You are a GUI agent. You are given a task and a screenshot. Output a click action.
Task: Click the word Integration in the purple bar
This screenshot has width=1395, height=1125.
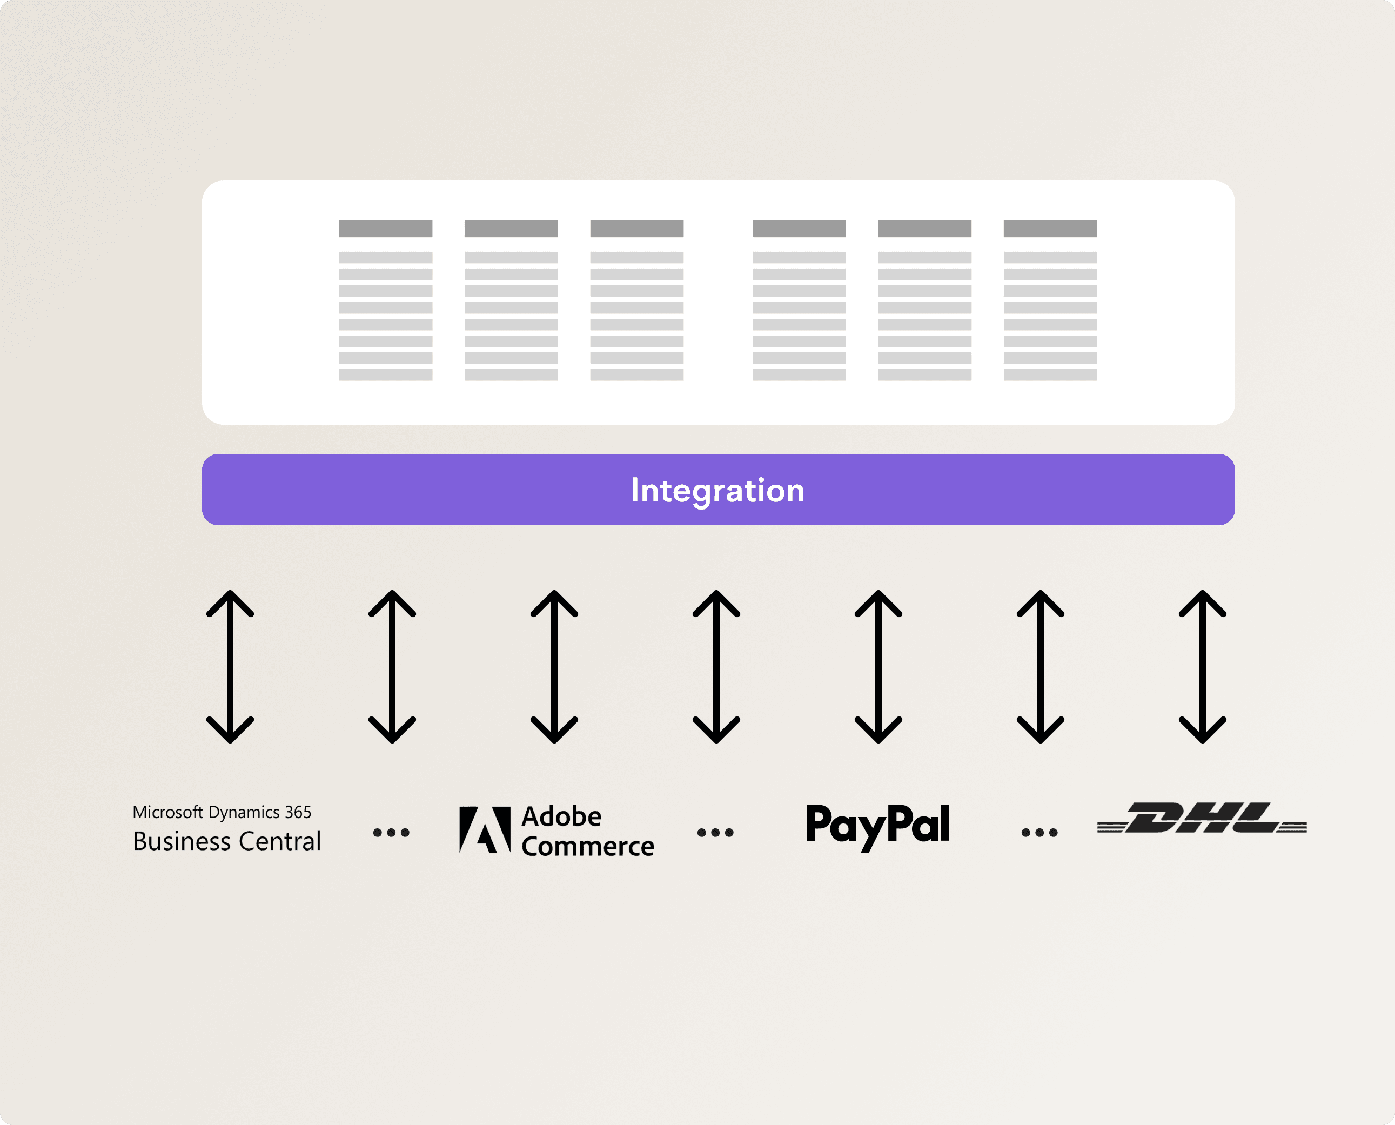coord(717,491)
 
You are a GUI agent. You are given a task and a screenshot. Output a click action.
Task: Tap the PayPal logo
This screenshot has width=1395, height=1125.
coord(877,826)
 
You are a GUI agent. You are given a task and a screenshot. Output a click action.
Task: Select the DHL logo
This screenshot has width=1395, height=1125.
coord(1202,819)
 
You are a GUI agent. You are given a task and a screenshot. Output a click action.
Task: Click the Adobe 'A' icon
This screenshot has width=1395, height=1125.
coord(485,829)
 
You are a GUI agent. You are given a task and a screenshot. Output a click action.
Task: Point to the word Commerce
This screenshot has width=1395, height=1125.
coord(588,847)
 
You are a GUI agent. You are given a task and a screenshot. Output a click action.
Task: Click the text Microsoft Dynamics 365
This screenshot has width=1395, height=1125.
coord(222,812)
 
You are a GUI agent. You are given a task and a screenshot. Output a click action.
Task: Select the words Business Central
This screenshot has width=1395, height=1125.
coord(227,842)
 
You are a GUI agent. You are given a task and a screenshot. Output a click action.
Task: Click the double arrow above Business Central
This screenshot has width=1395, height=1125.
coord(230,666)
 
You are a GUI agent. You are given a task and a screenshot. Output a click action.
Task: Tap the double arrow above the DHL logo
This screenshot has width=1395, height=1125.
coord(1202,666)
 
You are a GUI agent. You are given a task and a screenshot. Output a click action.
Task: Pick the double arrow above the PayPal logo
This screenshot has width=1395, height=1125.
coord(878,666)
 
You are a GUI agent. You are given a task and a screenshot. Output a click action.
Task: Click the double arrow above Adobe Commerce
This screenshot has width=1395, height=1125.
coord(554,666)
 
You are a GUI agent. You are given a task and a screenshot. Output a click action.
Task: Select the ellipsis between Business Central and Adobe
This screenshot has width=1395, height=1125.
coord(391,833)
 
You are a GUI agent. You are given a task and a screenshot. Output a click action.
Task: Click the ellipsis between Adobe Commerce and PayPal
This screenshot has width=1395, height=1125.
coord(715,833)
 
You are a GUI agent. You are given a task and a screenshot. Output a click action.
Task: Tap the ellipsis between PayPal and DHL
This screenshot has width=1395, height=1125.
coord(1039,833)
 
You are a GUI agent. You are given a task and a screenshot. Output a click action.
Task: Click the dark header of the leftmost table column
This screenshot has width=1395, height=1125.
coord(386,229)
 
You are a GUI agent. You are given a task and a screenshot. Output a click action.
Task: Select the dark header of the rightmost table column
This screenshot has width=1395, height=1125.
coord(1050,229)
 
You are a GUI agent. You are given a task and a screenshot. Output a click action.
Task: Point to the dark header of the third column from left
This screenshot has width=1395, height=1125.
coord(636,229)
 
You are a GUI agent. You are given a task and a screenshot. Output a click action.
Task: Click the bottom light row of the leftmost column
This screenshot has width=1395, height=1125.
coord(386,374)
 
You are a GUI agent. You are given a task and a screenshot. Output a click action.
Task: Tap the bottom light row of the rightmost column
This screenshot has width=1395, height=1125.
coord(1050,374)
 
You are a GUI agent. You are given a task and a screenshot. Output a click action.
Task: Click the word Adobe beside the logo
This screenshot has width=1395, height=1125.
coord(562,816)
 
